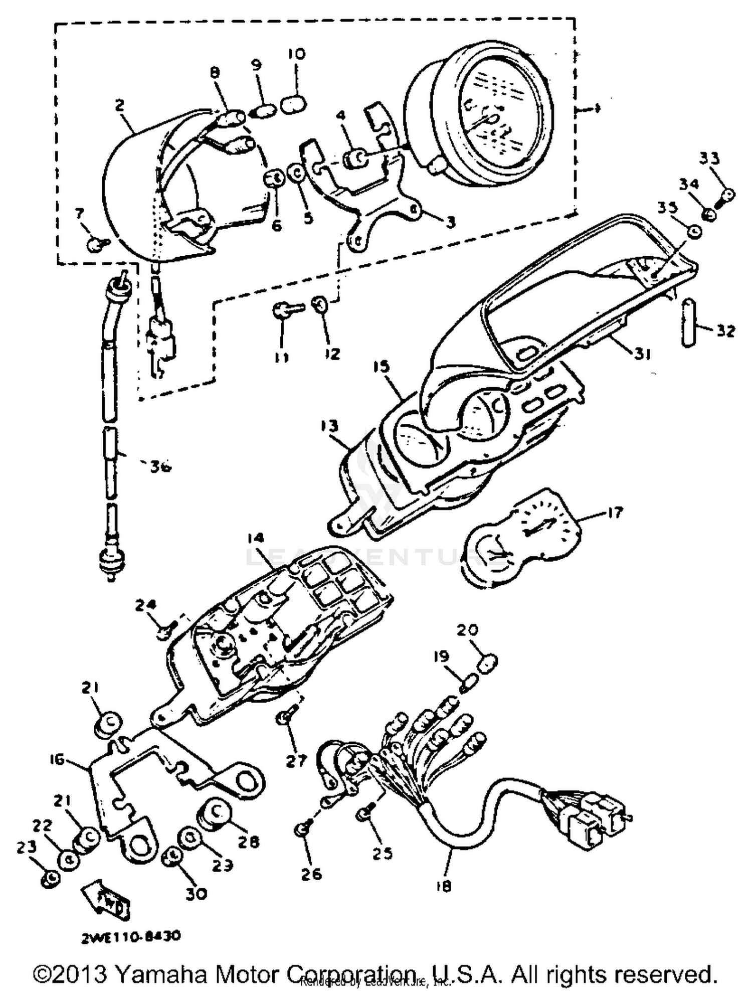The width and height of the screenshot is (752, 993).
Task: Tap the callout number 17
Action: pos(615,512)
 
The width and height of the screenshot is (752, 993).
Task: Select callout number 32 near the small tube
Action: pos(725,331)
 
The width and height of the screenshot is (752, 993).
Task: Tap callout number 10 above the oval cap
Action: pos(297,54)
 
